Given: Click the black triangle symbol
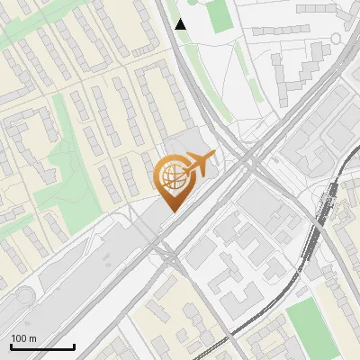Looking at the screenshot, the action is click(x=181, y=24).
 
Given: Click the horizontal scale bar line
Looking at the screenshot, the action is click(x=42, y=347).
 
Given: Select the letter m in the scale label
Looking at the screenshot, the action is click(x=33, y=337).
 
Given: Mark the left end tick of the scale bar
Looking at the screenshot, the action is click(x=11, y=346).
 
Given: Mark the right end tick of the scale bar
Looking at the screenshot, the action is click(x=74, y=346).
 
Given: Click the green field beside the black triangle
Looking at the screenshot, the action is click(x=220, y=17).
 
